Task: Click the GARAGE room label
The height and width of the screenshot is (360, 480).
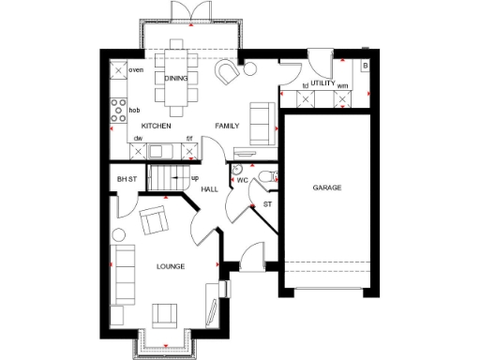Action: tap(327, 187)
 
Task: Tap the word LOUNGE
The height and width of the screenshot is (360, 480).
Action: tap(170, 267)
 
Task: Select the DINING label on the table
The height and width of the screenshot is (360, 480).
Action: tap(176, 79)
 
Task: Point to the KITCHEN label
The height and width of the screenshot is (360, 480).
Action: tap(155, 125)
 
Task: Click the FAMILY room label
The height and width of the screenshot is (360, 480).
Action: tap(228, 125)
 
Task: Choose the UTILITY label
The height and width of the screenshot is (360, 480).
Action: tap(322, 83)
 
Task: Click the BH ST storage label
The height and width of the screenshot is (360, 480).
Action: tap(127, 178)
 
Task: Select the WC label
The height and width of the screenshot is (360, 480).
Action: tap(242, 179)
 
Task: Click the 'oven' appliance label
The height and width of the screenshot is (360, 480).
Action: tap(136, 70)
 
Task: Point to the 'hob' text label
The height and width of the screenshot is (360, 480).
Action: tap(134, 110)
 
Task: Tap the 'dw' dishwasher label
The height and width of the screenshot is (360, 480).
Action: tap(137, 139)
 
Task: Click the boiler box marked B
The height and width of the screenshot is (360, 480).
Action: tap(365, 66)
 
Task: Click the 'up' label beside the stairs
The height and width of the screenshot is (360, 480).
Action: tap(195, 178)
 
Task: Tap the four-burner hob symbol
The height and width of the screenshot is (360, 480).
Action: tap(118, 111)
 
